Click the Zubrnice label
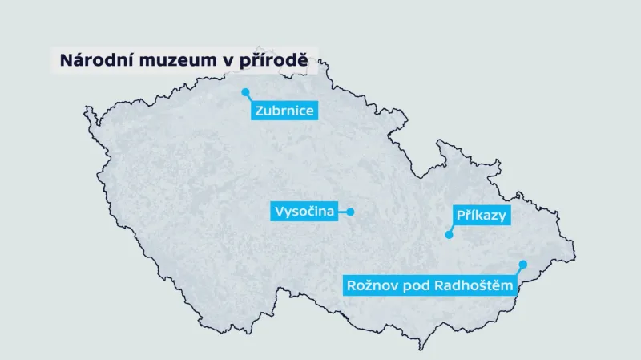pyautogui.click(x=284, y=111)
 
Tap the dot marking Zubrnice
pyautogui.click(x=246, y=92)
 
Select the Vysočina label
pyautogui.click(x=304, y=212)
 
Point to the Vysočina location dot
pyautogui.click(x=350, y=212)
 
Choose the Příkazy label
pyautogui.click(x=482, y=215)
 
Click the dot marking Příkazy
pyautogui.click(x=450, y=235)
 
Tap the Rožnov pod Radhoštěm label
pyautogui.click(x=429, y=285)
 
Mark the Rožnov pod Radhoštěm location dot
pyautogui.click(x=522, y=264)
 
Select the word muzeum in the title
pyautogui.click(x=171, y=61)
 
